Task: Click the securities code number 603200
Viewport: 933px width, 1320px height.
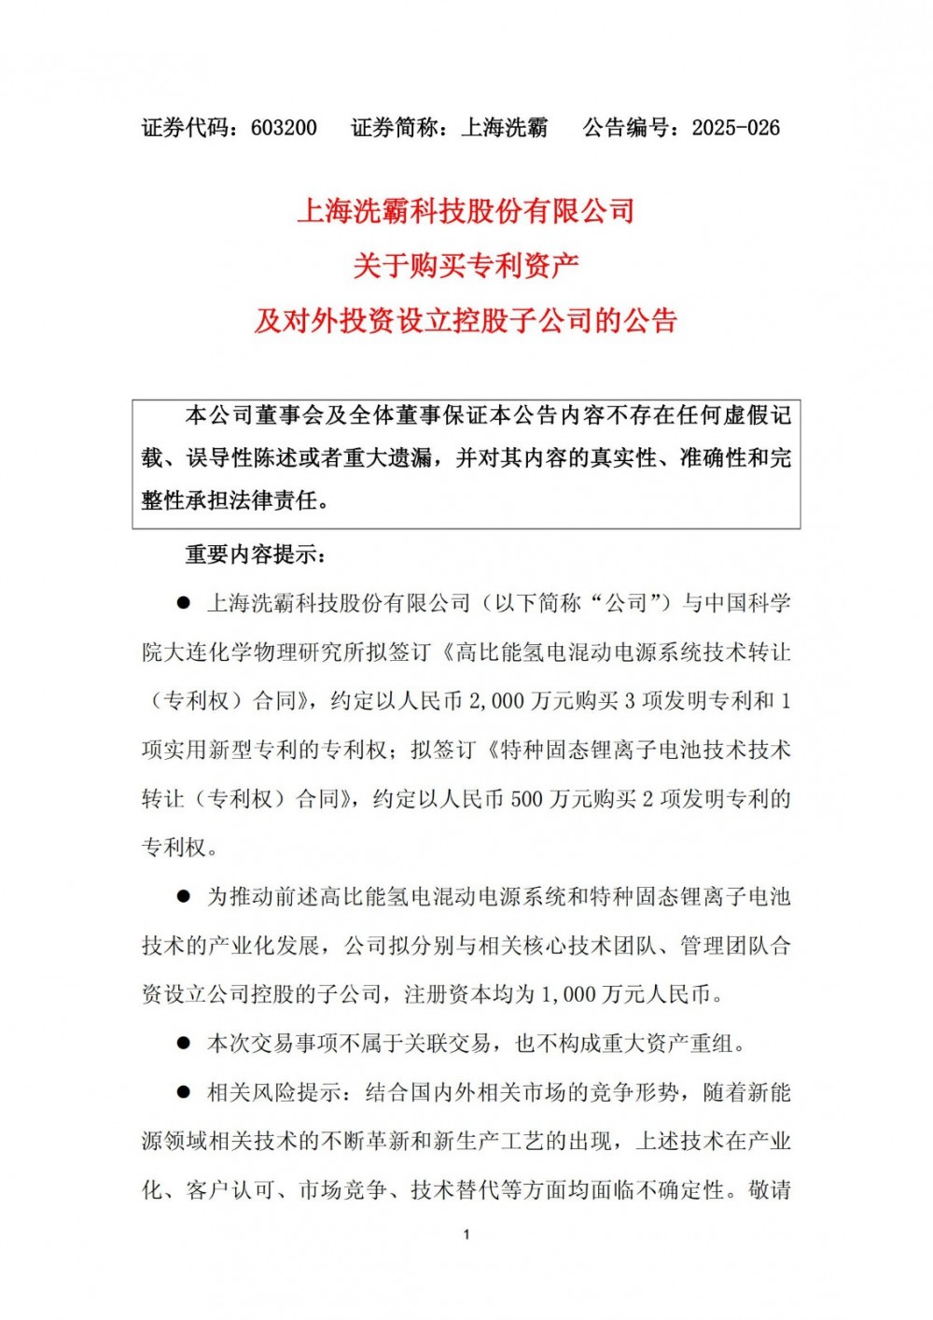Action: point(284,128)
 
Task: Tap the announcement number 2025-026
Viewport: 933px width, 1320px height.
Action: point(735,128)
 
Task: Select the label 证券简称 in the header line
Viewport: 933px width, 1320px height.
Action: point(395,128)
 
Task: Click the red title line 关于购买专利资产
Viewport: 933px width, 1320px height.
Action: point(466,266)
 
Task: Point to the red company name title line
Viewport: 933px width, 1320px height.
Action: point(466,211)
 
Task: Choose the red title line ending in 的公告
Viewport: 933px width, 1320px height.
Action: point(466,321)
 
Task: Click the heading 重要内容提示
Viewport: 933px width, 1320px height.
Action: point(254,555)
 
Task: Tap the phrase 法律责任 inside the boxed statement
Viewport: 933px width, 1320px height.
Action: point(276,500)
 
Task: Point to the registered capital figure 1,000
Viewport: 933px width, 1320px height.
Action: point(568,994)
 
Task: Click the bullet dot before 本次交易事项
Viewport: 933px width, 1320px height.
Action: point(184,1044)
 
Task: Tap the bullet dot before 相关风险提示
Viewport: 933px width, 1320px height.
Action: point(184,1092)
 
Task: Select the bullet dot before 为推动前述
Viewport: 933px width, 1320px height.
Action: point(184,897)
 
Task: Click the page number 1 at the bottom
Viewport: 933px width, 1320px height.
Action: point(466,1235)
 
